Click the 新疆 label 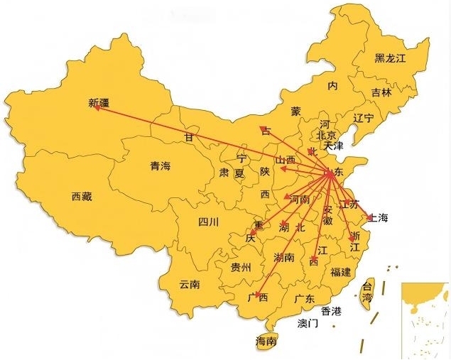[100, 102]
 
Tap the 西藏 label [82, 197]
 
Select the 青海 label [161, 166]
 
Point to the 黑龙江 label [390, 58]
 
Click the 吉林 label [381, 92]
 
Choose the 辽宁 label [363, 118]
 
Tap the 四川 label [209, 222]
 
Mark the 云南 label [190, 284]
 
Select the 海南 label [266, 342]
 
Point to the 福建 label [340, 271]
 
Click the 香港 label [331, 311]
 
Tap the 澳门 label [308, 324]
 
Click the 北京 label [325, 135]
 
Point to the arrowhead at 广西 [259, 293]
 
